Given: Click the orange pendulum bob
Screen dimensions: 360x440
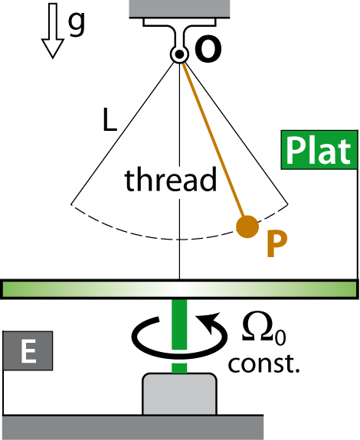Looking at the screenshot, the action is click(x=247, y=227).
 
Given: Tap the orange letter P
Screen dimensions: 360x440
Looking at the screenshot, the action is click(x=277, y=243).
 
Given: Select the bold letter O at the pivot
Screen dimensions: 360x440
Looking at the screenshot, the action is click(x=208, y=51).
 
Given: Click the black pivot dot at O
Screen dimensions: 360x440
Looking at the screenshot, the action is click(x=178, y=54).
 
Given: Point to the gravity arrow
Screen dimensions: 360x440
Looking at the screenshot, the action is click(x=53, y=31).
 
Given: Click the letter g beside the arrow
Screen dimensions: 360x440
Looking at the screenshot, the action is click(x=77, y=24).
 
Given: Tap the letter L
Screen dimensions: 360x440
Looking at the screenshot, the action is click(x=110, y=120).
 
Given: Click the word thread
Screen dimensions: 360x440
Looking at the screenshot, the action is click(x=171, y=180).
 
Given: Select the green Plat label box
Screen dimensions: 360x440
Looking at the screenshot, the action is click(x=319, y=150).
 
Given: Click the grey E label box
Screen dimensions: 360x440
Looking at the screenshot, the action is click(x=28, y=350).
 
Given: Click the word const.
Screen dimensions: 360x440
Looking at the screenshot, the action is click(x=263, y=363).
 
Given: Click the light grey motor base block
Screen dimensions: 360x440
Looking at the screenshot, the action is click(x=179, y=394).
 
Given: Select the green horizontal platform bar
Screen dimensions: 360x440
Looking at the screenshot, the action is click(x=180, y=289).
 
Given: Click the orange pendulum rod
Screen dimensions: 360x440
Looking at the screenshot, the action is click(x=213, y=140).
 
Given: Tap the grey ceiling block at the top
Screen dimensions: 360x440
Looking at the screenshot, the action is click(x=179, y=9).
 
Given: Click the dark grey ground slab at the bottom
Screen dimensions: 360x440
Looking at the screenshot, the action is click(x=132, y=427).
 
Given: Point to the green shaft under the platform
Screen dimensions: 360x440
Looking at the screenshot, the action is click(x=179, y=336).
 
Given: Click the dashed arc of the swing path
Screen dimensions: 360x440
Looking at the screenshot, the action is click(x=179, y=240).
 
